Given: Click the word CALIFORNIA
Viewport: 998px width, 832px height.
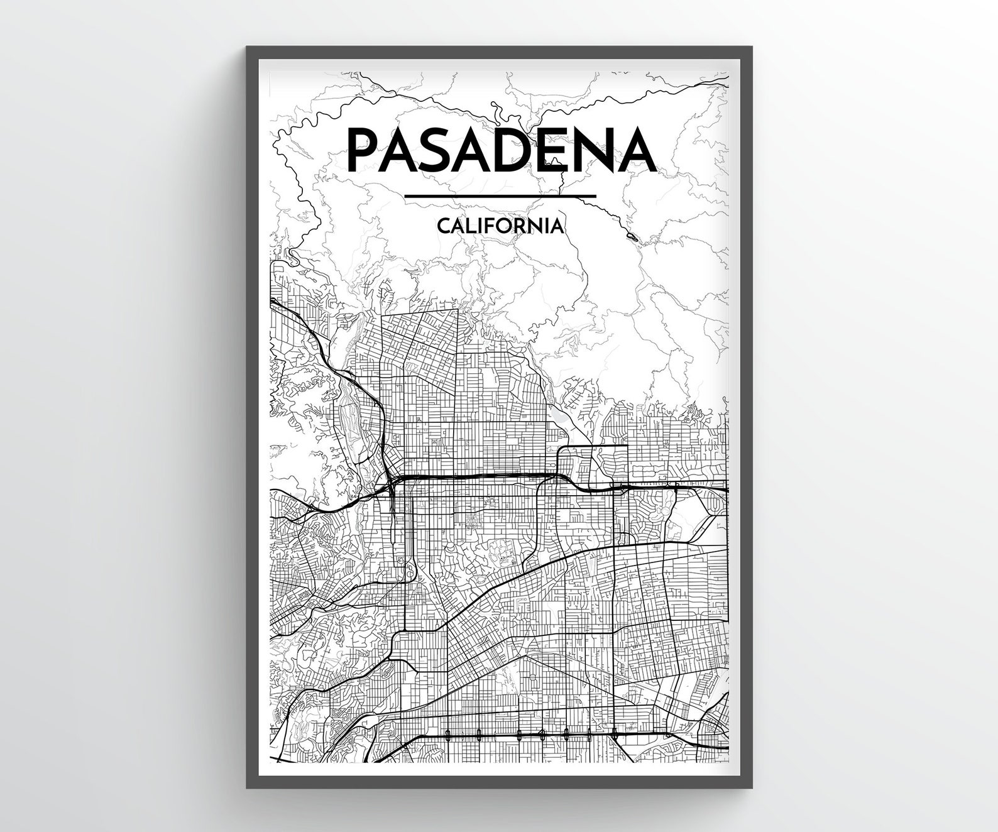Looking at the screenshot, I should click(x=500, y=226).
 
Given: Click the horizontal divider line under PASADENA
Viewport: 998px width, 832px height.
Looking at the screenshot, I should click(x=500, y=197).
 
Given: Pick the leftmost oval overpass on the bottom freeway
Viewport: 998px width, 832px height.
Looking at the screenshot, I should click(x=447, y=733).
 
